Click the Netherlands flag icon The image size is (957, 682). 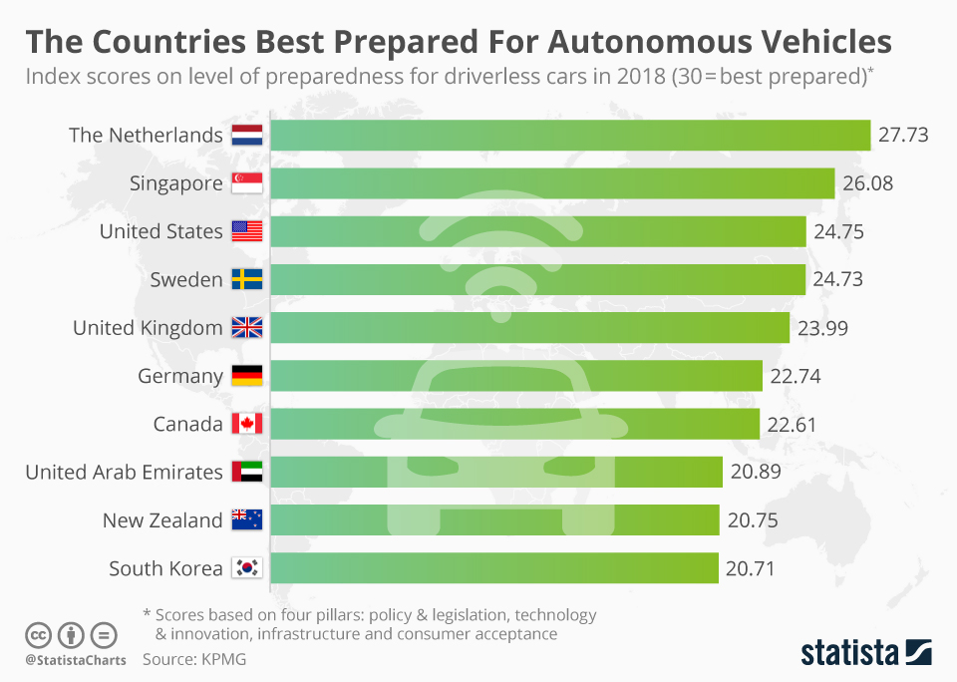(246, 135)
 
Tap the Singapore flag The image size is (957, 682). (246, 183)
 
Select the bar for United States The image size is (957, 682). (538, 231)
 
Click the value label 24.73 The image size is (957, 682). (837, 280)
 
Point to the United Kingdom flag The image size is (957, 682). (246, 328)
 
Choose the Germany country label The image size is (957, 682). (180, 376)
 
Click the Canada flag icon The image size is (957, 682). (246, 424)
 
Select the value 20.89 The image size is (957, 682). (755, 473)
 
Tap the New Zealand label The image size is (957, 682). (162, 520)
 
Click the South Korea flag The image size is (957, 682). (246, 568)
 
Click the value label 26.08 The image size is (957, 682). (867, 183)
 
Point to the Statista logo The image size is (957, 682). (866, 653)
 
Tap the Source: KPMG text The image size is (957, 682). (194, 659)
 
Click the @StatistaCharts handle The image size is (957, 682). (76, 660)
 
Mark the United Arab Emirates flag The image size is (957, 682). (246, 473)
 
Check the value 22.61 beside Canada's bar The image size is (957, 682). (792, 424)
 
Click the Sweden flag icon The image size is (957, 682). (246, 280)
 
